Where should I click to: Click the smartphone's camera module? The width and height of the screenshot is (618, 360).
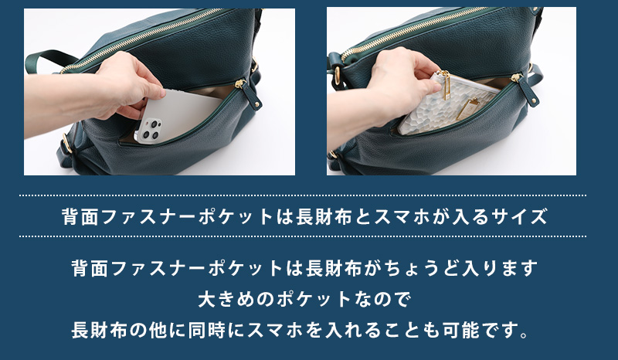coord(148,130)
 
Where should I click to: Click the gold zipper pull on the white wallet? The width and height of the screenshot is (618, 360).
coord(446,85)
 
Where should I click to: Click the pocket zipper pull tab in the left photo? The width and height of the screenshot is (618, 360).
coord(248,93)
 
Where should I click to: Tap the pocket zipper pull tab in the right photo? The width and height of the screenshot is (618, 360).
coord(525,90)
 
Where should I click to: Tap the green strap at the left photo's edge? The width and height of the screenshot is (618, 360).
coord(48,59)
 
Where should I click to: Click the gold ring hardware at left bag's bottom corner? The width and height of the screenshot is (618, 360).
coord(67,143)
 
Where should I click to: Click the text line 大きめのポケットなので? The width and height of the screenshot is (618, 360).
coord(304,299)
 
